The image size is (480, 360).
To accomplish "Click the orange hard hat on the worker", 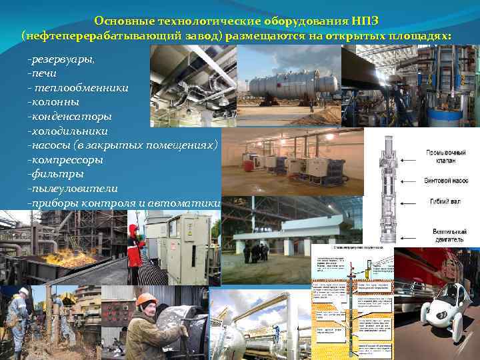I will tap(145, 299).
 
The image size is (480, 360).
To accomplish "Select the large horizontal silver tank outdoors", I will tap(293, 85).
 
